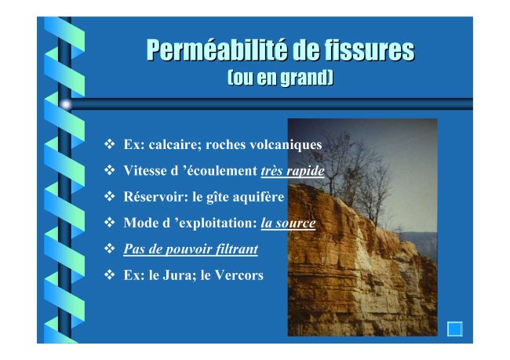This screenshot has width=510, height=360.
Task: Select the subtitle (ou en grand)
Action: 280,78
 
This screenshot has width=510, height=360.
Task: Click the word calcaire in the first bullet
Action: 175,145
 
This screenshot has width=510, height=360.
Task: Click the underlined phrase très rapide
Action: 293,171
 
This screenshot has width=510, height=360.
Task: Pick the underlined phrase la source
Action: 288,223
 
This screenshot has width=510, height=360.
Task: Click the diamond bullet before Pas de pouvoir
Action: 110,249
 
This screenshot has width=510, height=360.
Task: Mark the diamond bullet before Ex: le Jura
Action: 110,275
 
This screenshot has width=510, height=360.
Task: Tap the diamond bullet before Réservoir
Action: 110,196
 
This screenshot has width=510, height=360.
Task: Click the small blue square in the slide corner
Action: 455,329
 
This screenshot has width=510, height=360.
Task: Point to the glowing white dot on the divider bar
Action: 66,104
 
